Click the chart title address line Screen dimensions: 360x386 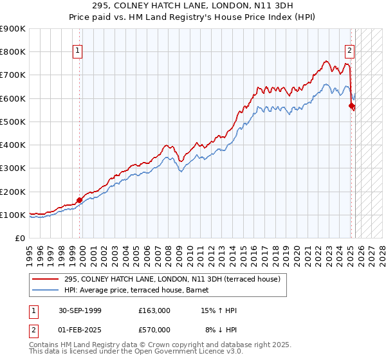coord(193,6)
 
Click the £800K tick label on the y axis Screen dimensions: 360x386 coord(13,52)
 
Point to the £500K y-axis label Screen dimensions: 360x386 coord(13,122)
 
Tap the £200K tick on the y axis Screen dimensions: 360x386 coord(13,192)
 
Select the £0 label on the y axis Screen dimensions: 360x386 coord(19,239)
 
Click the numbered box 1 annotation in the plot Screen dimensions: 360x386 coord(77,50)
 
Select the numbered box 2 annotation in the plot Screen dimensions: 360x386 coord(349,50)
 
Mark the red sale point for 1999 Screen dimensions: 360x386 coord(80,200)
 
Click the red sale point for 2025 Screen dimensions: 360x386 coord(351,105)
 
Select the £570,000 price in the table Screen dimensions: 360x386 coord(154,330)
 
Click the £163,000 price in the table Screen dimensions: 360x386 coord(154,310)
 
